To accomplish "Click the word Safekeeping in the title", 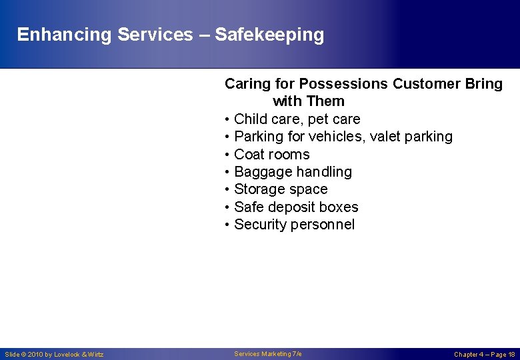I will (269, 35).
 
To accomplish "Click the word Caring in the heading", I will (246, 84).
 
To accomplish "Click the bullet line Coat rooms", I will (271, 155).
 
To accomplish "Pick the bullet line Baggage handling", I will (293, 172).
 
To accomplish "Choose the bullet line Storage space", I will (281, 189).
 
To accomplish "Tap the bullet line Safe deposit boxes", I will (296, 207).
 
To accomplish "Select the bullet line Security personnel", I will (294, 225).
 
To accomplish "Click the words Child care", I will (263, 119).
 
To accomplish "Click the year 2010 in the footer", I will (35, 355).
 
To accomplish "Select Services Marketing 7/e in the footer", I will (268, 354).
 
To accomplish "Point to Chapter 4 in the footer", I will (469, 355).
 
